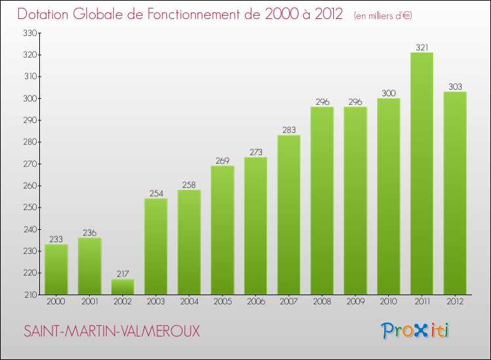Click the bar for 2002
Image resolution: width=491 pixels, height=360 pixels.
[122, 287]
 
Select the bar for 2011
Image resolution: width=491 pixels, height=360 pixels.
[422, 173]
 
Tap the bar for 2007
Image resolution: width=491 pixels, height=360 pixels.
[289, 215]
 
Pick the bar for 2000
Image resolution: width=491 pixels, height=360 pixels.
[56, 269]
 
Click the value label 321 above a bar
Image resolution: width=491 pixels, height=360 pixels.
[422, 47]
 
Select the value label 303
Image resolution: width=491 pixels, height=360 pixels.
[455, 86]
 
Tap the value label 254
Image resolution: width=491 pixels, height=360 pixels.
[156, 193]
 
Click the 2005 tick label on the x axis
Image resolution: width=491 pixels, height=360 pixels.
[222, 302]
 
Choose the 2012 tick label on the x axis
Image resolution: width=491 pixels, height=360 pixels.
[455, 302]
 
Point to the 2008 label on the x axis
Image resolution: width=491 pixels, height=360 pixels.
[322, 302]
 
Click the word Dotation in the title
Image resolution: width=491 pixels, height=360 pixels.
[45, 14]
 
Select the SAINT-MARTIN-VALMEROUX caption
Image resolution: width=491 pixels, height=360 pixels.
[112, 331]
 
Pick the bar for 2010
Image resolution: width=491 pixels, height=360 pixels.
[388, 196]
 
